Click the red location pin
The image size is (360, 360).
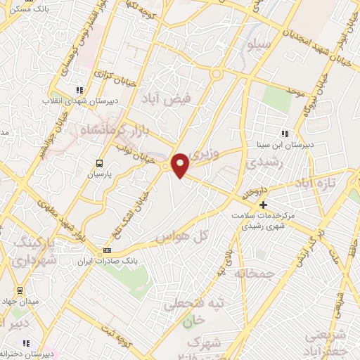181,165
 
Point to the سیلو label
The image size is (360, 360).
257,45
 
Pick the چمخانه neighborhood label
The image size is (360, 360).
250,271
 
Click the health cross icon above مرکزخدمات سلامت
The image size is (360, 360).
263,204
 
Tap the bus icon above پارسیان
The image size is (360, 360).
98,162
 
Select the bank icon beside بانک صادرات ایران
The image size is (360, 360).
107,250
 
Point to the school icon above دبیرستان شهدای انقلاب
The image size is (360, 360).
79,90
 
